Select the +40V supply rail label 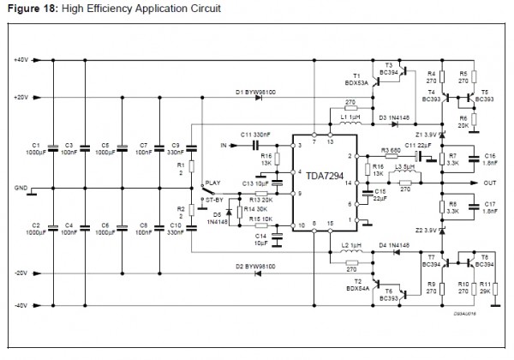[21, 60]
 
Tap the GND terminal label [21, 186]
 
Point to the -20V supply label [21, 273]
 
